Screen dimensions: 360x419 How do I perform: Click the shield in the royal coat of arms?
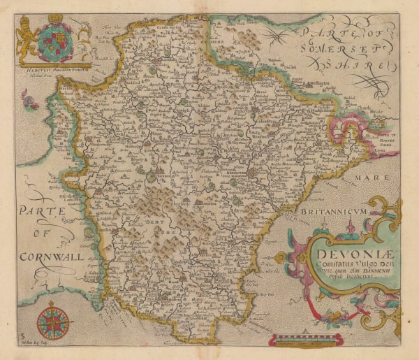(54, 42)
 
